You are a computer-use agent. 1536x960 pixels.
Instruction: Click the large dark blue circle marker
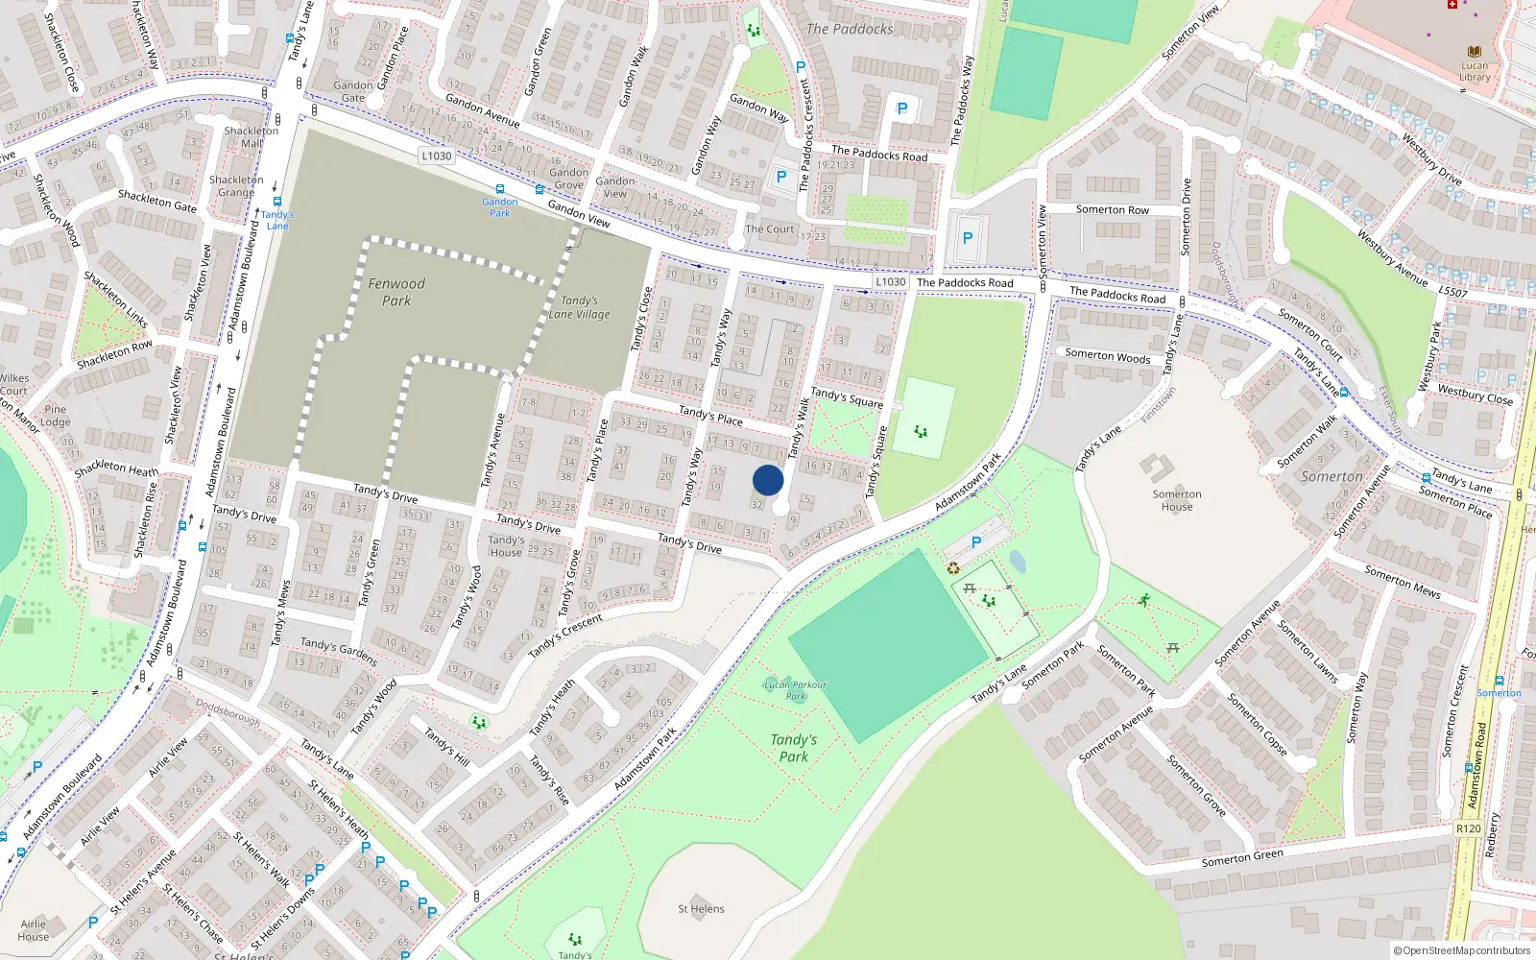point(768,480)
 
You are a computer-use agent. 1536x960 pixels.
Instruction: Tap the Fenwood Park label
point(396,292)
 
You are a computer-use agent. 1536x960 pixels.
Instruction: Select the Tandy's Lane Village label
point(579,307)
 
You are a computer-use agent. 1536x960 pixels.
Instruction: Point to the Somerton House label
point(1177,500)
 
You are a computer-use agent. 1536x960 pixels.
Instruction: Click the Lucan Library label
point(1475,71)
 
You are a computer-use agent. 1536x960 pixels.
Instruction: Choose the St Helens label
point(701,908)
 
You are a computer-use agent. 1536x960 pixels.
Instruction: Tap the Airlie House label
point(33,930)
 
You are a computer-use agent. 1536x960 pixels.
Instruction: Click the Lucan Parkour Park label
point(795,690)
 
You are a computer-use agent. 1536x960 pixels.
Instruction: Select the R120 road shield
point(1468,828)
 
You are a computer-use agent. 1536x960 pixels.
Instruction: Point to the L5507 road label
point(1452,291)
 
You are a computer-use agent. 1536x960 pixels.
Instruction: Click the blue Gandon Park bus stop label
point(499,207)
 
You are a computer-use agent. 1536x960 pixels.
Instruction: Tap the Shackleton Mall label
point(251,136)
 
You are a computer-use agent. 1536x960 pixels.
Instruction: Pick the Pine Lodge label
point(56,416)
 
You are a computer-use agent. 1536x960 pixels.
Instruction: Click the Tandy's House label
point(506,545)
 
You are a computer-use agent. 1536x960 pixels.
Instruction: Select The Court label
point(770,229)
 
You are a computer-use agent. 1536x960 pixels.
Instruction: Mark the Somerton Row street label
point(1112,209)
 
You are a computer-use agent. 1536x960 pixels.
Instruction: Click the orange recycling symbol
point(952,568)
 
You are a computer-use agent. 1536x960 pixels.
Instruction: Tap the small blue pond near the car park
point(1018,562)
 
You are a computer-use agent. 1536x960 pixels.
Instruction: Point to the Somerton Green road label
point(1242,857)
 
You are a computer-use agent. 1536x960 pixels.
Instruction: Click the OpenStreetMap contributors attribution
point(1462,951)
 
